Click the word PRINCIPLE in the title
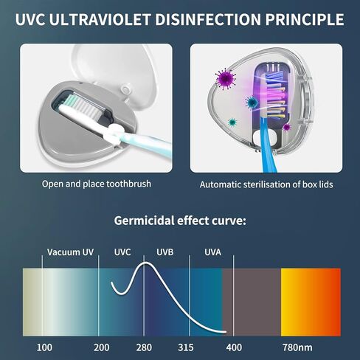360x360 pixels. [305, 19]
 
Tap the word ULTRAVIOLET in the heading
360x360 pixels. [100, 19]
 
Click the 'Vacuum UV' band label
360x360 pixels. [70, 252]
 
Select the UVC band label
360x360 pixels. [122, 252]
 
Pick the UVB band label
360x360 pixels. [165, 252]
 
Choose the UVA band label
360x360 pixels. [212, 252]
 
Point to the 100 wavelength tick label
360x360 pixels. [44, 347]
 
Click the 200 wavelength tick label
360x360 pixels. [102, 347]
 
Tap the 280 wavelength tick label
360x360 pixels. [144, 347]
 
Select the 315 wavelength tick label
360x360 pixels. [186, 347]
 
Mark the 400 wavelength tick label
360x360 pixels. [234, 347]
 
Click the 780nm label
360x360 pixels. [297, 347]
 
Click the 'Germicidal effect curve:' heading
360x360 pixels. [180, 221]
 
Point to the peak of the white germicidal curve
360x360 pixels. [145, 263]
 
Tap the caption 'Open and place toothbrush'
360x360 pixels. [97, 184]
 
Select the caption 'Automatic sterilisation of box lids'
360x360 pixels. [266, 184]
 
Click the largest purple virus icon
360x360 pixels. [226, 79]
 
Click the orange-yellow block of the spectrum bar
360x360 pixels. [311, 302]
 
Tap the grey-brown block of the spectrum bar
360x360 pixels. [252, 302]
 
